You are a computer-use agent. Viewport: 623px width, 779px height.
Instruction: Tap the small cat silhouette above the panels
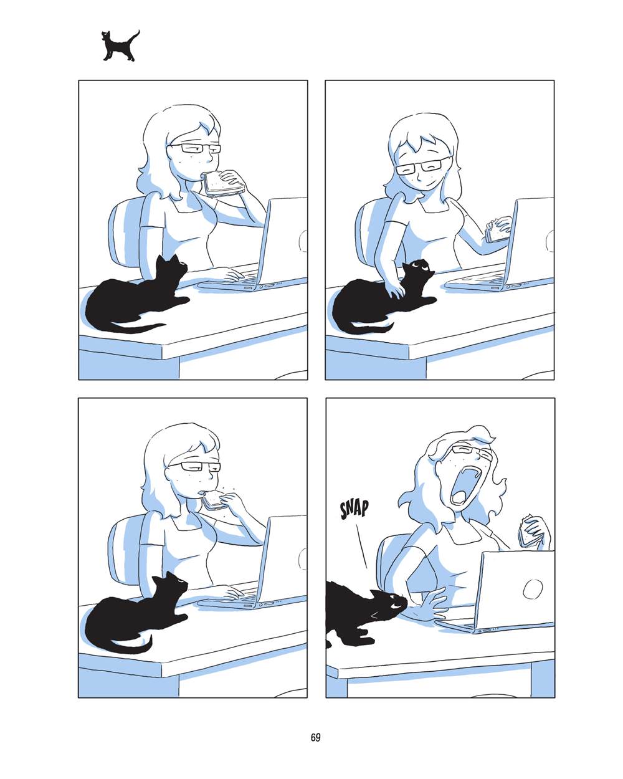pos(120,45)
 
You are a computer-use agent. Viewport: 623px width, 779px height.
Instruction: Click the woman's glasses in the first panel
pos(196,148)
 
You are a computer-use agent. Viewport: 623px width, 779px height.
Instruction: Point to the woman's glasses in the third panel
pos(194,466)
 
